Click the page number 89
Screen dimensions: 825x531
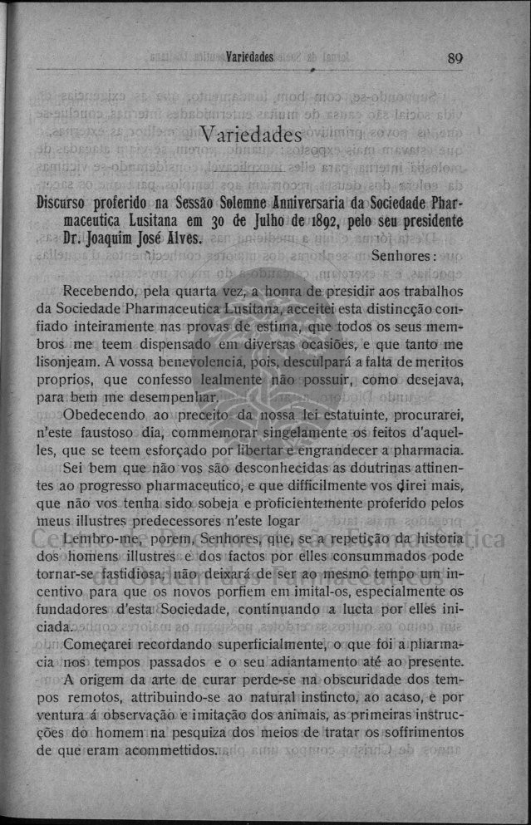(x=455, y=58)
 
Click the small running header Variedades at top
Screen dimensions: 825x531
(x=249, y=58)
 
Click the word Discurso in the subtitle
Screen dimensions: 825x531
(x=69, y=203)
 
